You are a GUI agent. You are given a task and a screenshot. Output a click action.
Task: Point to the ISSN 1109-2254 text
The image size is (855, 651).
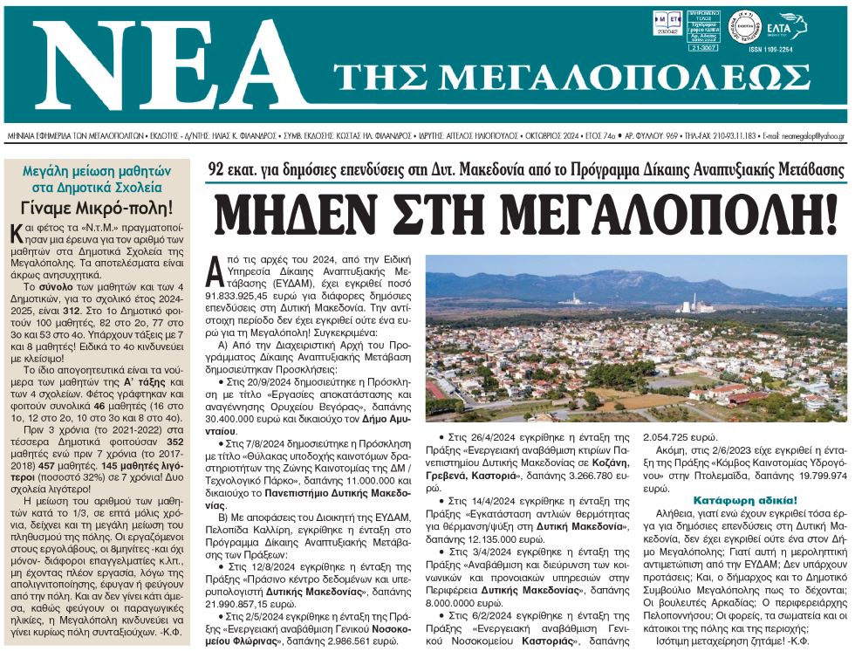point(769,50)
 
